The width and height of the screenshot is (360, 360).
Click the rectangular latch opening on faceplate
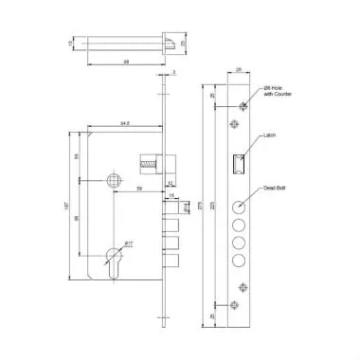(x=238, y=163)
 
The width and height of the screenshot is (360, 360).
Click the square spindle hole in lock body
(x=114, y=179)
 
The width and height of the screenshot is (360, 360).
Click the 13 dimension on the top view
(x=72, y=43)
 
